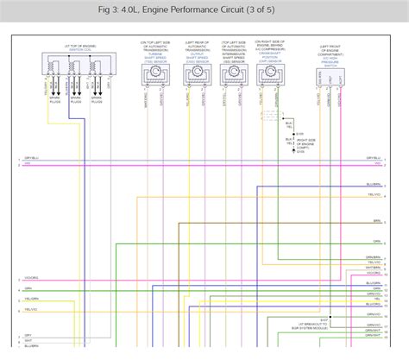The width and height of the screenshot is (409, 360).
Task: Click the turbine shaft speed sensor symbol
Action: pyautogui.click(x=157, y=76)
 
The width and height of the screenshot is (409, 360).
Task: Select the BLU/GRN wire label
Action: pyautogui.click(x=373, y=282)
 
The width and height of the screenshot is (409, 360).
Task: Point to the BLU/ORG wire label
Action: pyautogui.click(x=373, y=304)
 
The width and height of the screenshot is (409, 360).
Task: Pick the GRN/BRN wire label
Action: pyautogui.click(x=373, y=256)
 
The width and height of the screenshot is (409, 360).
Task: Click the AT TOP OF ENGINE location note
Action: pyautogui.click(x=66, y=45)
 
